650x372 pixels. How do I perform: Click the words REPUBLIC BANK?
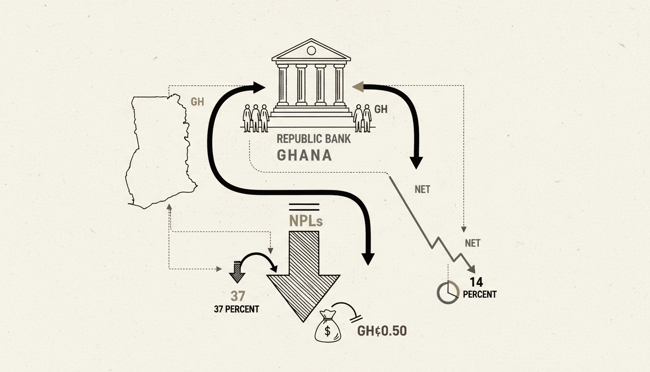[x=313, y=139]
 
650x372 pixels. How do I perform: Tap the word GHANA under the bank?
[x=304, y=155]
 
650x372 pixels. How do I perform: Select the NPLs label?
[x=306, y=221]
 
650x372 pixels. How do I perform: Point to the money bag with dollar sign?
[x=328, y=330]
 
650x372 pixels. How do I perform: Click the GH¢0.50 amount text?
[x=382, y=332]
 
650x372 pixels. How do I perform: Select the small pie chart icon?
[x=447, y=292]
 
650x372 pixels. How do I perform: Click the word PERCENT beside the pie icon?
[x=479, y=294]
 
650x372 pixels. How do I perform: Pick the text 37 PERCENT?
[x=236, y=310]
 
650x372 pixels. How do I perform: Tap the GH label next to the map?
[x=197, y=102]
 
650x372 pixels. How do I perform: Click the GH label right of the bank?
[x=381, y=109]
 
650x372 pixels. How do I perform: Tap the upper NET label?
[x=422, y=190]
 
